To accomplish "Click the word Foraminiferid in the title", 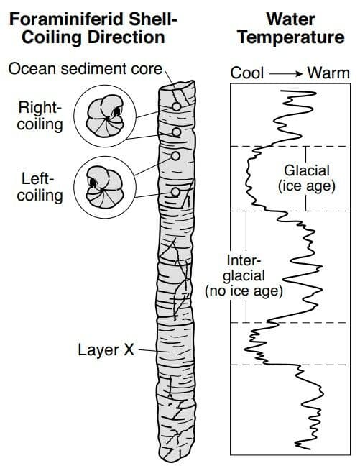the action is coord(67,19).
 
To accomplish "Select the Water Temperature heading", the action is coord(290,29).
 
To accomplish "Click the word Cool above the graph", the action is coord(246,73).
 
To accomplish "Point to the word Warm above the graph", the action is coord(328,73).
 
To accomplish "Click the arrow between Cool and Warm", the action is coord(285,73).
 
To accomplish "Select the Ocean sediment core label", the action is coord(86,69).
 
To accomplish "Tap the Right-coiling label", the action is coord(40,116).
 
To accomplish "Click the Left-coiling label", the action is coord(40,187).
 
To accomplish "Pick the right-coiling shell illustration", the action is coord(105,116).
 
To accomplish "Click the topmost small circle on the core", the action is coord(176,106).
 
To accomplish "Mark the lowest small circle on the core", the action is coord(175,192).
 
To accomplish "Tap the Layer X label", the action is coord(106,349).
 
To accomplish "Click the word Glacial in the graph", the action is coord(307,170).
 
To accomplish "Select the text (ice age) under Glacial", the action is coord(306,186).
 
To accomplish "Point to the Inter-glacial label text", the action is coord(244,268).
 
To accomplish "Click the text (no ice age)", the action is coord(244,291).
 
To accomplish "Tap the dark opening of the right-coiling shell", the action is coord(117,111).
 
